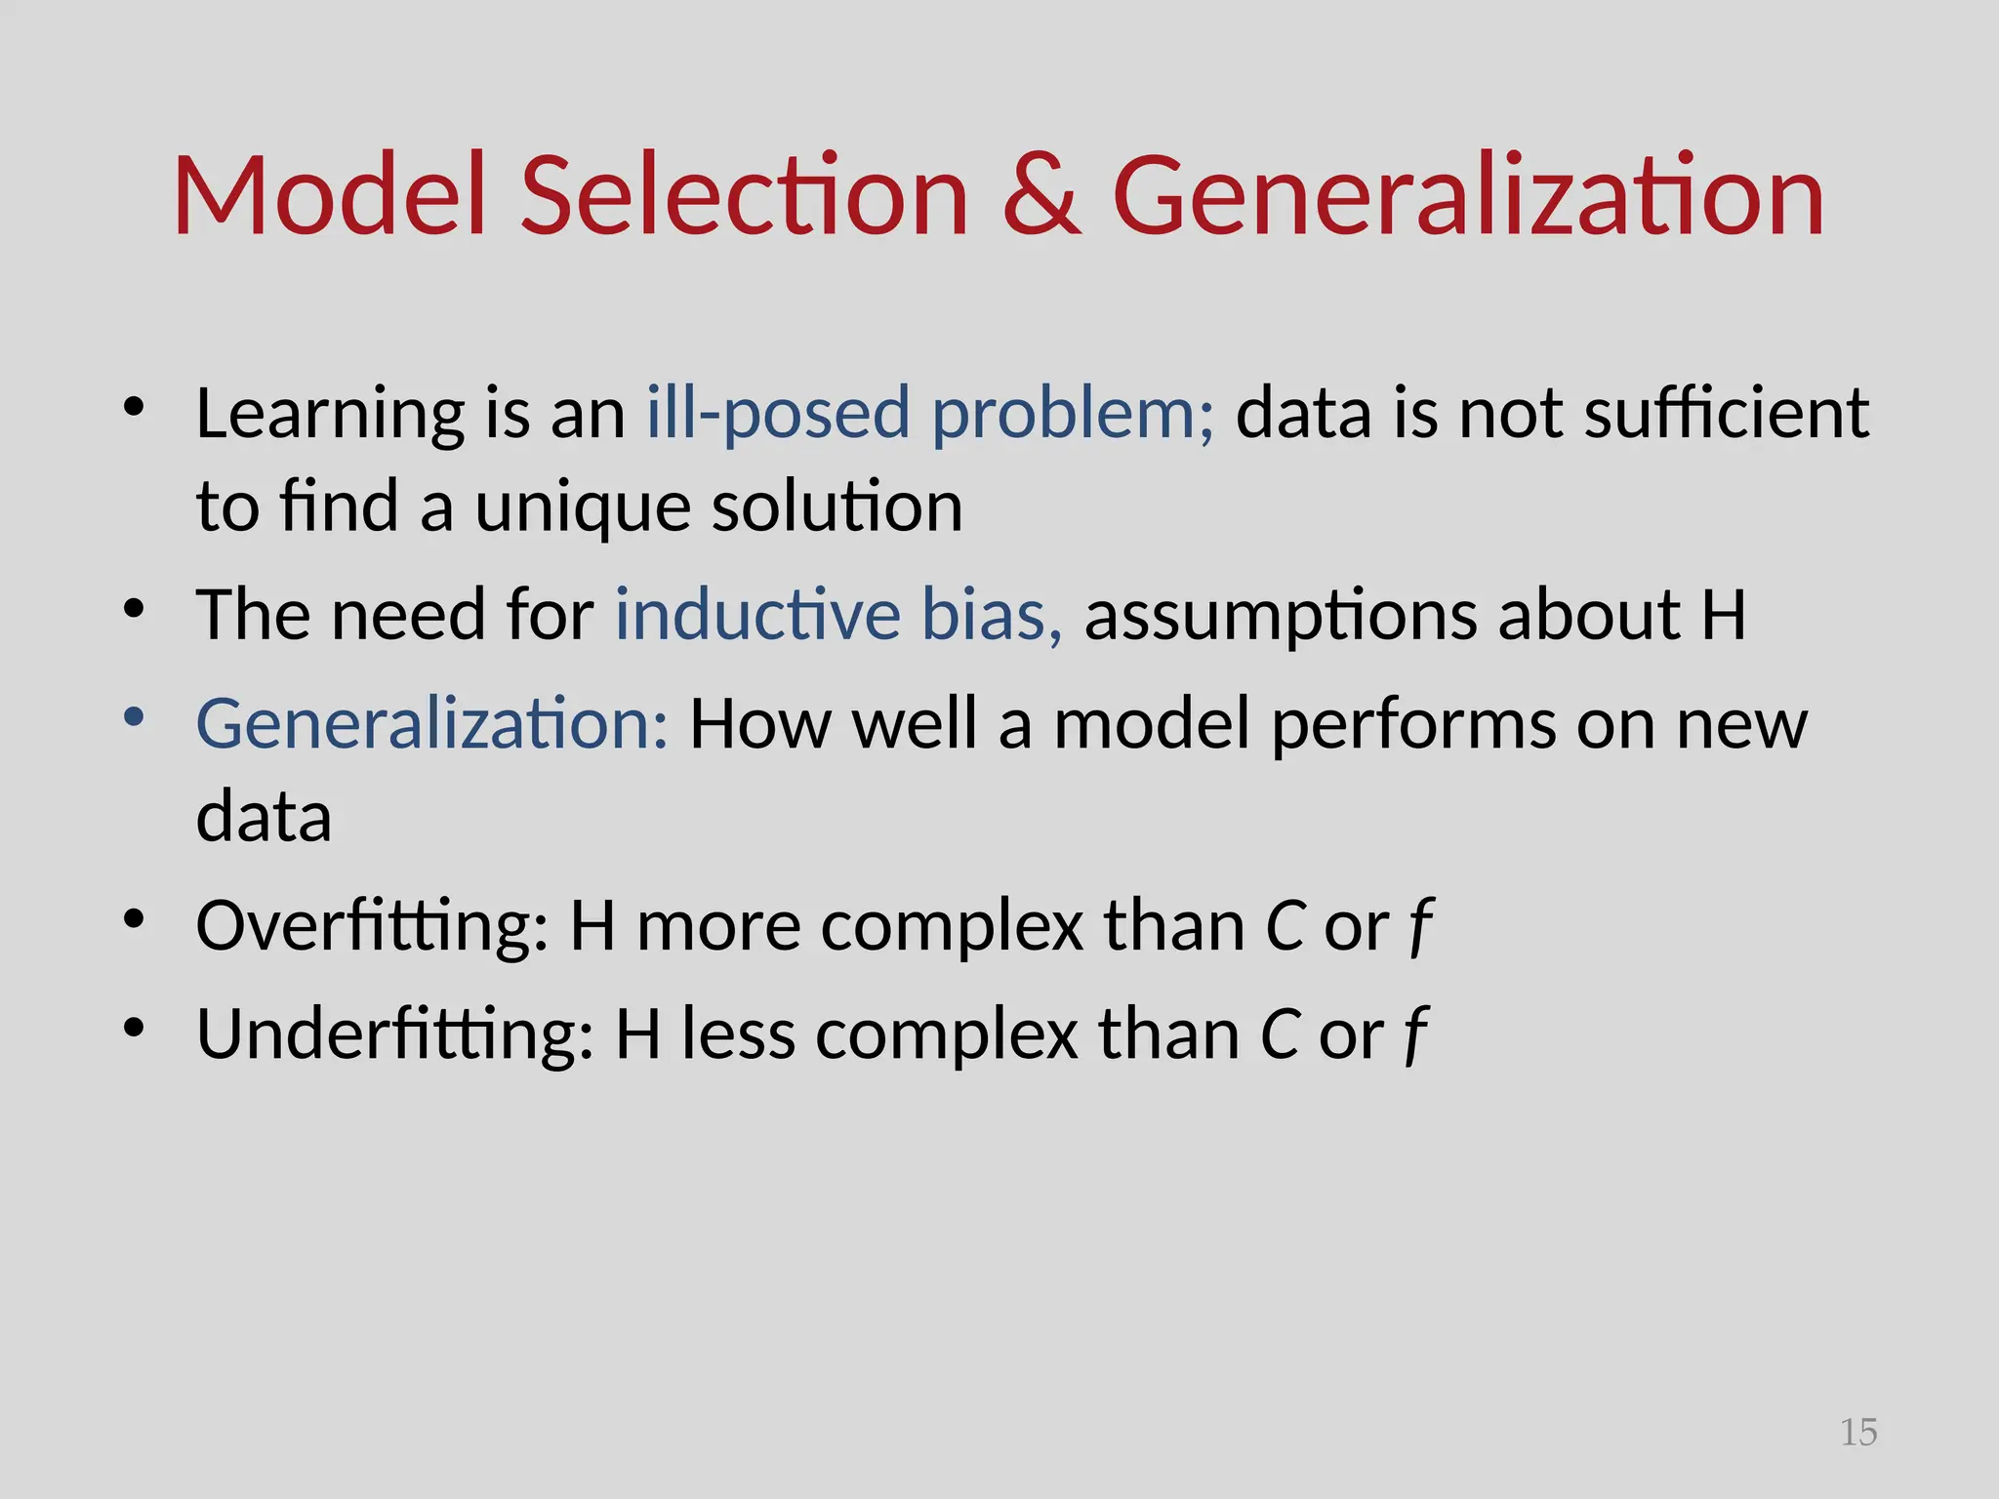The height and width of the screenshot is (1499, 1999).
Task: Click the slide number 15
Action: tap(1857, 1433)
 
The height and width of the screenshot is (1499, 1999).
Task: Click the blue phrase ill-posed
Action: tap(778, 414)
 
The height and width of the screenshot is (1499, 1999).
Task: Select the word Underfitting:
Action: tap(394, 1034)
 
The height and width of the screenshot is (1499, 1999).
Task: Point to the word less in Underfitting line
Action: tap(738, 1034)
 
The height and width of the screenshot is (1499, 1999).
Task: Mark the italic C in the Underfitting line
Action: tap(1280, 1034)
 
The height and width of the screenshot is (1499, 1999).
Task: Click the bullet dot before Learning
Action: tap(135, 407)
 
